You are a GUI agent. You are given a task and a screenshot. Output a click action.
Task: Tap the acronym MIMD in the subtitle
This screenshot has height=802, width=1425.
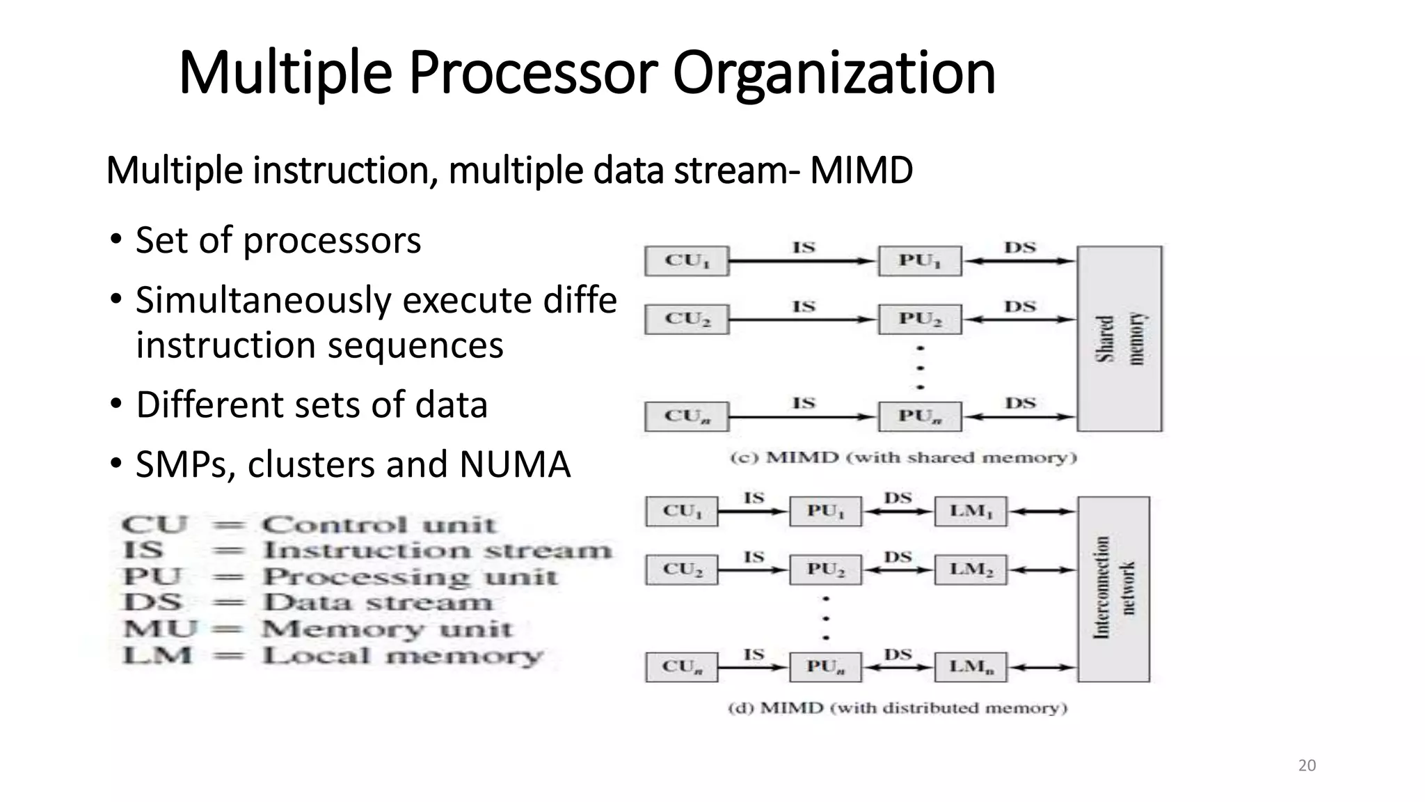861,171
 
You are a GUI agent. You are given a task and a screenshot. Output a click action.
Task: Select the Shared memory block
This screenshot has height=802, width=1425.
1119,338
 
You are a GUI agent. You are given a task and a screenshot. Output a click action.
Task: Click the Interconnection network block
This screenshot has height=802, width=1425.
1113,588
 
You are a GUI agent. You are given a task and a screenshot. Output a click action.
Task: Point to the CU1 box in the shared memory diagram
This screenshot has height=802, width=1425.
687,261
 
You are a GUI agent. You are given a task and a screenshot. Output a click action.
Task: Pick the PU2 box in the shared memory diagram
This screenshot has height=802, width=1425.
920,320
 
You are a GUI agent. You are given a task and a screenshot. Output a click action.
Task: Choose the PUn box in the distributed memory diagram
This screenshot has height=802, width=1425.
826,667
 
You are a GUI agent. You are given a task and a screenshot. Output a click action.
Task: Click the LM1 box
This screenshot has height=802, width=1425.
971,512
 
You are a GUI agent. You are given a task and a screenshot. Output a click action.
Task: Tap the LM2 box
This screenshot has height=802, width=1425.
971,570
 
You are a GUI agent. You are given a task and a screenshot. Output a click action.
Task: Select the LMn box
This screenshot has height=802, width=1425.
971,667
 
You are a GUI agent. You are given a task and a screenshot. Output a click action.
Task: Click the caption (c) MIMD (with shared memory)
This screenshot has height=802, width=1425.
903,458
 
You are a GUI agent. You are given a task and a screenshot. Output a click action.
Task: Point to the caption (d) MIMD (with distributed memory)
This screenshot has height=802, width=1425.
898,709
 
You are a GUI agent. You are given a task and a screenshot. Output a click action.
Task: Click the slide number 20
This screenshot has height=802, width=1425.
1307,766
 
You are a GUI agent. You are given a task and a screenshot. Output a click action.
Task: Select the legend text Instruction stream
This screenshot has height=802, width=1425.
437,551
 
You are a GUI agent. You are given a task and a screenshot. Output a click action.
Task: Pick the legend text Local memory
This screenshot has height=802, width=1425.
402,656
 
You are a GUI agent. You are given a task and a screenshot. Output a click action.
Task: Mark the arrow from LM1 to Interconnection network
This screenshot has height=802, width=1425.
1042,512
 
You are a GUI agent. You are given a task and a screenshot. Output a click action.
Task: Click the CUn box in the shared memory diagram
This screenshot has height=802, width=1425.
687,416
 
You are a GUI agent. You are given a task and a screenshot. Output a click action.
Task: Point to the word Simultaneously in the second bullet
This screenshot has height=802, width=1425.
264,301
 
